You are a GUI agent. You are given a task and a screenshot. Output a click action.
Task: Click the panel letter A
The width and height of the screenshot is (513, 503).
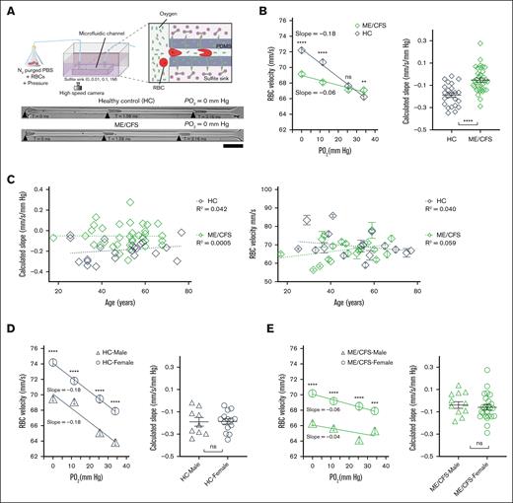[x=8, y=7]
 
